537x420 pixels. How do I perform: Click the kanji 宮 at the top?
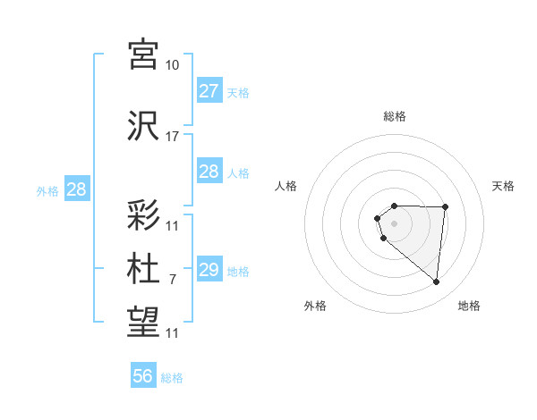coord(144,55)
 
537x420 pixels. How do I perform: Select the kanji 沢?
coord(144,125)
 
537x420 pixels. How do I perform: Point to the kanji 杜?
coord(144,269)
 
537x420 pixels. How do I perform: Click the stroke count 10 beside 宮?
coord(172,65)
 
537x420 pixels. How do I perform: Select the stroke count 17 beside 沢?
coord(172,137)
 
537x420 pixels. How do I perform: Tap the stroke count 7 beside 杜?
coord(172,280)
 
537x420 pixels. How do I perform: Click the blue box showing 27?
coord(209,91)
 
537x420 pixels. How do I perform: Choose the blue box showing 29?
coord(209,270)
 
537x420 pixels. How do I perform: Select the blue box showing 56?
coord(143,376)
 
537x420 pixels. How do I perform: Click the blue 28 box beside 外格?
coord(76,189)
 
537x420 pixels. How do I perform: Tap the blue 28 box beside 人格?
coord(209,172)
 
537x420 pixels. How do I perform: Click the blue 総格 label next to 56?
coord(172,378)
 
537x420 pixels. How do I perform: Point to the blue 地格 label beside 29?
coord(238,272)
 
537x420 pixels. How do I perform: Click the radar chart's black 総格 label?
coord(394,116)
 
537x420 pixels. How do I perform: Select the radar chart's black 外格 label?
coord(315,306)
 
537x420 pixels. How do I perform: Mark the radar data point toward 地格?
coord(437,282)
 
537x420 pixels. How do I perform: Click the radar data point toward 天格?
coord(445,207)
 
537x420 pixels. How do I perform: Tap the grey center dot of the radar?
coord(394,221)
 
